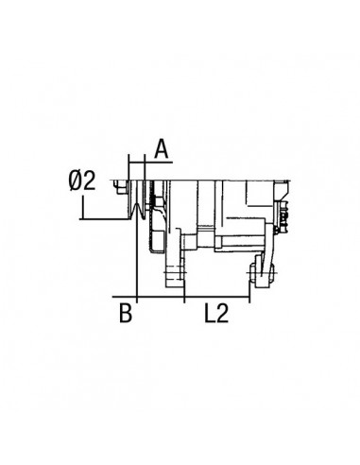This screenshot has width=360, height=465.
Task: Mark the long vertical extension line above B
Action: tap(139, 255)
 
